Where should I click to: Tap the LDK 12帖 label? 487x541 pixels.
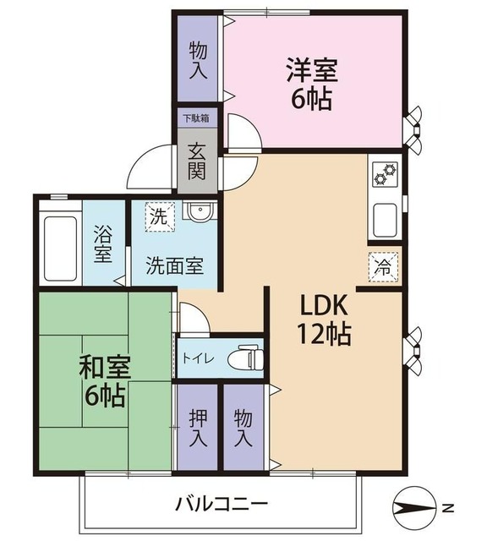click(x=322, y=318)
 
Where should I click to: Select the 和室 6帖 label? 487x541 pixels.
click(x=102, y=382)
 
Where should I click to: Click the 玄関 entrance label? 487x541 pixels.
click(x=196, y=161)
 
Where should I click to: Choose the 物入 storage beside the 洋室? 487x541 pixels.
click(x=197, y=58)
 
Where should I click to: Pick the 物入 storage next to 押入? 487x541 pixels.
click(x=243, y=428)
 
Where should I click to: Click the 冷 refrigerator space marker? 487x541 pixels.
click(x=383, y=265)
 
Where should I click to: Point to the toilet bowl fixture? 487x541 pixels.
click(x=248, y=357)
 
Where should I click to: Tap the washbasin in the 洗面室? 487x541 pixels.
click(x=200, y=213)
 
